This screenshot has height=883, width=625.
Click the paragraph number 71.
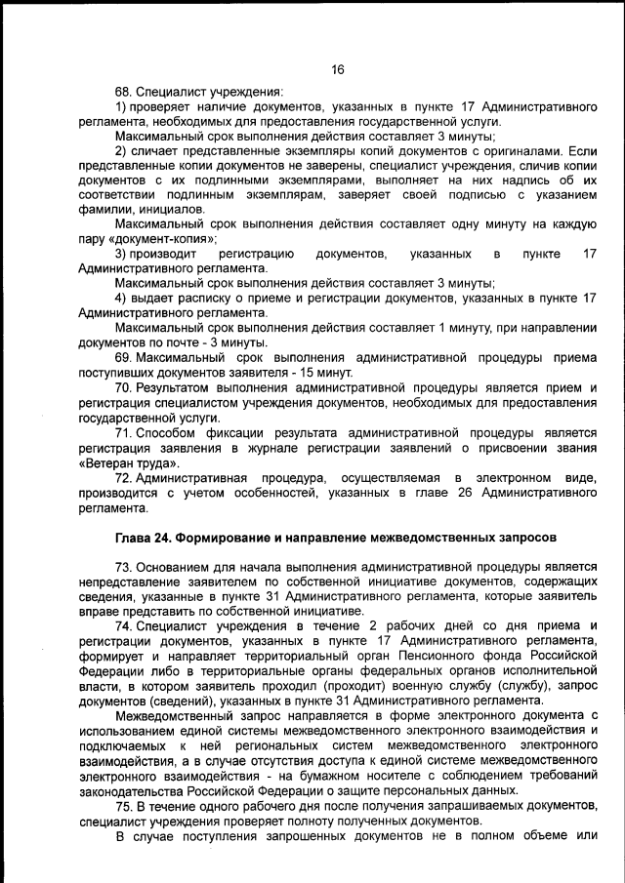(x=124, y=432)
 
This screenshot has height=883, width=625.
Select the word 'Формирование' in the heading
(x=248, y=538)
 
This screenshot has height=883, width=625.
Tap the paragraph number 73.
(x=124, y=567)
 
